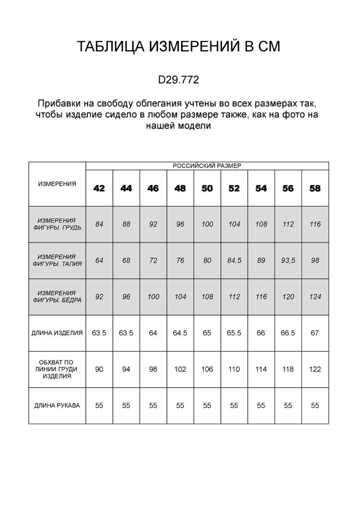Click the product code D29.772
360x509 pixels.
[179, 79]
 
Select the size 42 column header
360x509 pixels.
[99, 188]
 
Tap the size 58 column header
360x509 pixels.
[315, 188]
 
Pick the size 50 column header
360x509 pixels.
[207, 188]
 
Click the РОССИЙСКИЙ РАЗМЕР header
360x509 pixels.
[207, 166]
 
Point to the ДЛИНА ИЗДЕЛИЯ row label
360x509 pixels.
[57, 333]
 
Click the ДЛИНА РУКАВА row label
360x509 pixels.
[57, 406]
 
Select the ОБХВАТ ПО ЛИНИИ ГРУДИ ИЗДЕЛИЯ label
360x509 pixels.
[57, 369]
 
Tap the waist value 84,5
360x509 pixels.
[234, 260]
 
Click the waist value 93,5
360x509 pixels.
[288, 260]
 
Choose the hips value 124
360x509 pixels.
[315, 297]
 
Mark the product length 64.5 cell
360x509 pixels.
[180, 333]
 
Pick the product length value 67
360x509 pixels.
[315, 333]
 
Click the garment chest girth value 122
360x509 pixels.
[315, 369]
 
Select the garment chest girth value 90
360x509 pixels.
[99, 369]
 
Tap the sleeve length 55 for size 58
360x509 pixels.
[315, 406]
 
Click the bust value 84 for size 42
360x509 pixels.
[99, 224]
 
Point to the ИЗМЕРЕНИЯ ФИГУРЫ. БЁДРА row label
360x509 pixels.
[57, 297]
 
